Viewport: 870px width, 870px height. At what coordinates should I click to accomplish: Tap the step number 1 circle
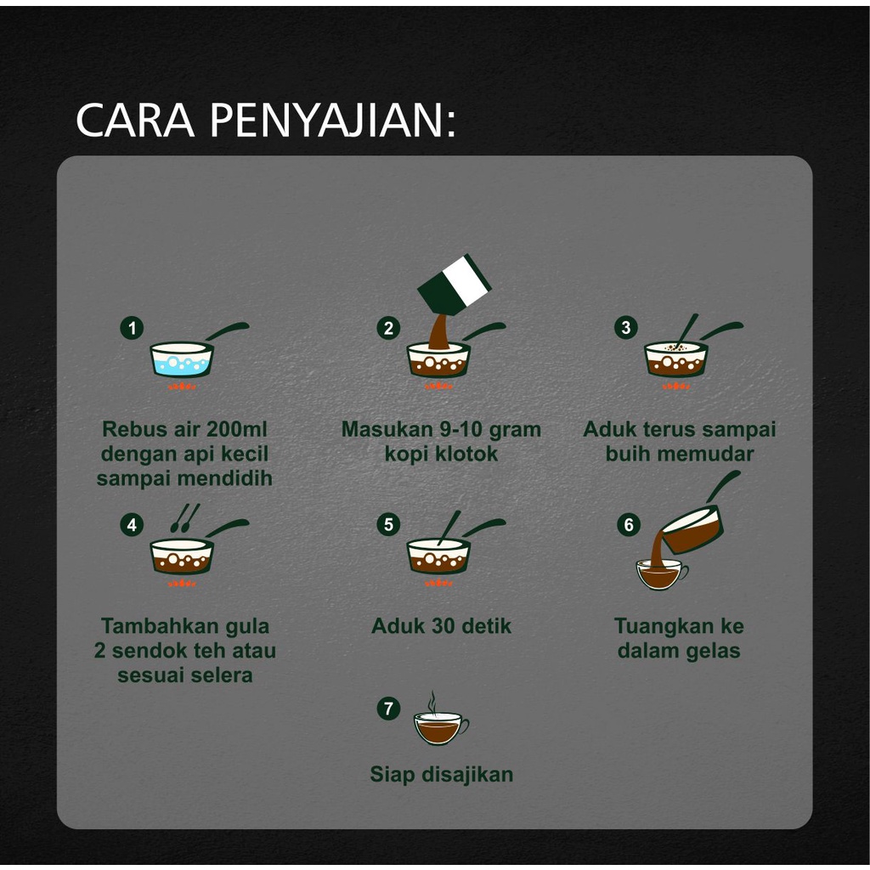(x=132, y=328)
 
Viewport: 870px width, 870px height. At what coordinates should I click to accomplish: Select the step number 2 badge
(x=388, y=328)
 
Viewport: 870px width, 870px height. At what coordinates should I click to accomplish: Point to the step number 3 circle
(x=626, y=327)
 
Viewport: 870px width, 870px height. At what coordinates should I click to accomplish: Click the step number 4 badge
(x=132, y=524)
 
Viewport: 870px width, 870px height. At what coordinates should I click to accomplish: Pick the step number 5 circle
(x=388, y=524)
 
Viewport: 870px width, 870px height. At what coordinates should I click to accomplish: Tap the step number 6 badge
(x=629, y=524)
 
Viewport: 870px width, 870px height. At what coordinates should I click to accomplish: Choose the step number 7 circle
(x=388, y=709)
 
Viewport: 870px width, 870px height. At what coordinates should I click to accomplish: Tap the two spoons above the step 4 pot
(x=184, y=517)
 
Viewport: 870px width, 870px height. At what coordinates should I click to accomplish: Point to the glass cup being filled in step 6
(x=661, y=575)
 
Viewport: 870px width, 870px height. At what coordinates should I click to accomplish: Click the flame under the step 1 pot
(x=182, y=387)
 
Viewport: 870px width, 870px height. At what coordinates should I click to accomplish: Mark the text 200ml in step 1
(x=236, y=429)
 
